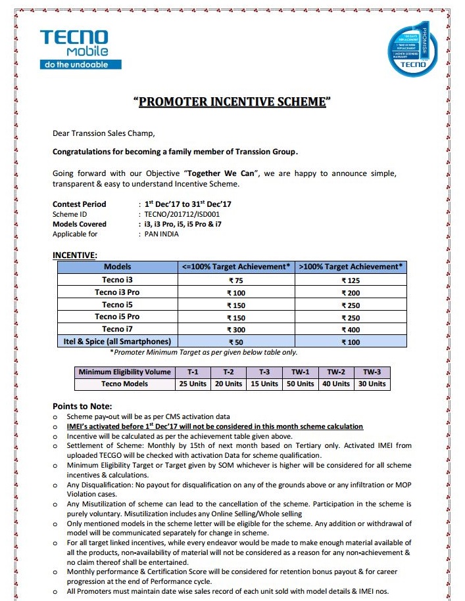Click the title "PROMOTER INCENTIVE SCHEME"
pyautogui.click(x=232, y=102)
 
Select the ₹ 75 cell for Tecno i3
pyautogui.click(x=235, y=280)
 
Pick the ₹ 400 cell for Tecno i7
pyautogui.click(x=351, y=329)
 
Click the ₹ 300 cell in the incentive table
pyautogui.click(x=235, y=329)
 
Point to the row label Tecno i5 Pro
pyautogui.click(x=117, y=317)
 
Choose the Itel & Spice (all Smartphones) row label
pyautogui.click(x=117, y=342)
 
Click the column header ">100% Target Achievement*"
pyautogui.click(x=351, y=267)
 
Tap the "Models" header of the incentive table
pyautogui.click(x=117, y=267)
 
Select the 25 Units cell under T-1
pyautogui.click(x=193, y=384)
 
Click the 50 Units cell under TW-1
pyautogui.click(x=301, y=384)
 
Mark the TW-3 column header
pyautogui.click(x=372, y=372)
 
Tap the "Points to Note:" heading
pyautogui.click(x=82, y=406)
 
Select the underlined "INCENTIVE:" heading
pyautogui.click(x=74, y=254)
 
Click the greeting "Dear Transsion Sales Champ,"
pyautogui.click(x=104, y=133)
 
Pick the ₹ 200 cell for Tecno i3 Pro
pyautogui.click(x=351, y=292)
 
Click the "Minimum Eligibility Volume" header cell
pyautogui.click(x=125, y=372)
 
